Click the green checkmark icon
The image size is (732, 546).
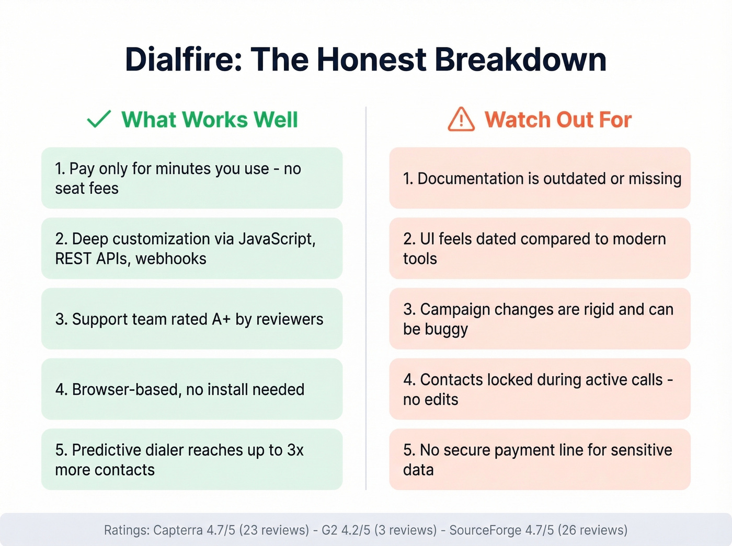point(98,119)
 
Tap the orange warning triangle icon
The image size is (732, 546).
point(461,120)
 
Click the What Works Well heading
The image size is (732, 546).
point(210,120)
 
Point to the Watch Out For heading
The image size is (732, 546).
point(558,120)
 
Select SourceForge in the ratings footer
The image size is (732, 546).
point(485,530)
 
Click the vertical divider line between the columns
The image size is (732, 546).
point(366,298)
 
